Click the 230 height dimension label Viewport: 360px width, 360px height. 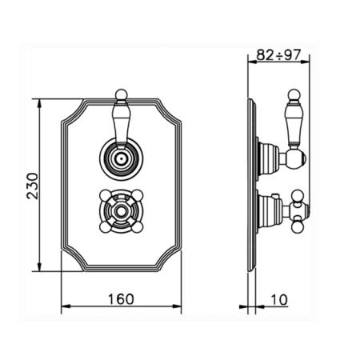pyautogui.click(x=33, y=186)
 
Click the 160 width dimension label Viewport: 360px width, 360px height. pyautogui.click(x=121, y=299)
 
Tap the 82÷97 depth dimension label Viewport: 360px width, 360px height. pyautogui.click(x=278, y=55)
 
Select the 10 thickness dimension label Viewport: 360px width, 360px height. pyautogui.click(x=279, y=300)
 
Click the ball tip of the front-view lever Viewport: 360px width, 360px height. pyautogui.click(x=122, y=94)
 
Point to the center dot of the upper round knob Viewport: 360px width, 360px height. pyautogui.click(x=122, y=159)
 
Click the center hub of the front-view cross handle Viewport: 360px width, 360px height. pyautogui.click(x=122, y=211)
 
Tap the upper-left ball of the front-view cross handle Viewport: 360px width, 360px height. pyautogui.click(x=105, y=195)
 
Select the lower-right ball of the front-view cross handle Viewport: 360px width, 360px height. pyautogui.click(x=138, y=227)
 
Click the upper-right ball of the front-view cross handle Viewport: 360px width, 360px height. pyautogui.click(x=138, y=195)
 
